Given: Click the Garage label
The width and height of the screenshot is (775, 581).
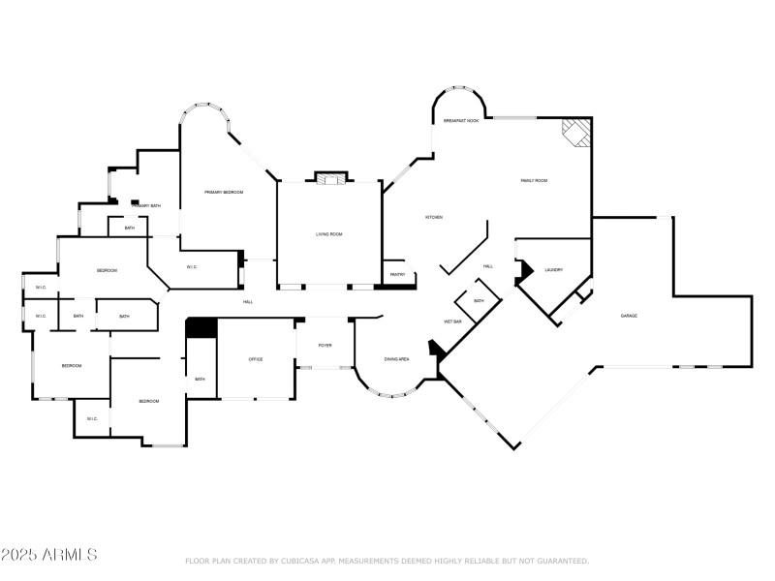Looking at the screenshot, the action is (x=629, y=316).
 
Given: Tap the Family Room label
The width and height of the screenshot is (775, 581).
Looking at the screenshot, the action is (x=535, y=180).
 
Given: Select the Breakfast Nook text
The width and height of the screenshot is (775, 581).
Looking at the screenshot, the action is (x=461, y=120).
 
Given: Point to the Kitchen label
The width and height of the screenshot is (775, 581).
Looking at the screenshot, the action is (x=434, y=217).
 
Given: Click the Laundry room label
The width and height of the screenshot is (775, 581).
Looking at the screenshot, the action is (x=554, y=270).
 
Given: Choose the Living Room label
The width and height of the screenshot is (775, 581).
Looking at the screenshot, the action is (x=329, y=234).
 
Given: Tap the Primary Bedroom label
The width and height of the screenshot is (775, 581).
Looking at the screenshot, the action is (x=224, y=193).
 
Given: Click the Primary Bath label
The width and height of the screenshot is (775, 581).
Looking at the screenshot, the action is (x=146, y=206).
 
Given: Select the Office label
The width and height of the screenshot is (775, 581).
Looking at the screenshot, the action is (x=256, y=359).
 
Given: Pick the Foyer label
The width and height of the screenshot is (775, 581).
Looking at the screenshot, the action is (x=325, y=345).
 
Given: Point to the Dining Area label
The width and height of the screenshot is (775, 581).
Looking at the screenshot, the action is (x=396, y=359).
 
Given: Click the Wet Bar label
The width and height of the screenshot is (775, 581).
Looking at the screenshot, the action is (x=452, y=321).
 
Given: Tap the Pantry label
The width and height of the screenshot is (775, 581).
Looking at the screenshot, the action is (x=397, y=275).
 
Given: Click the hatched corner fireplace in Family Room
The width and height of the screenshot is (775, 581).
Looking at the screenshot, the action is (x=576, y=133).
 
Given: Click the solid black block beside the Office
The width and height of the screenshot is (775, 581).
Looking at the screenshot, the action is (x=201, y=329).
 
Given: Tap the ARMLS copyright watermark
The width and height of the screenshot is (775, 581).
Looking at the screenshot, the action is (x=48, y=555).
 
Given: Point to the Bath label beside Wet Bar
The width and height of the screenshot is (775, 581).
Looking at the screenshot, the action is (x=480, y=301).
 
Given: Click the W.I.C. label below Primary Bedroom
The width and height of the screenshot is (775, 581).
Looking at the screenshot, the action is (x=192, y=267).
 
